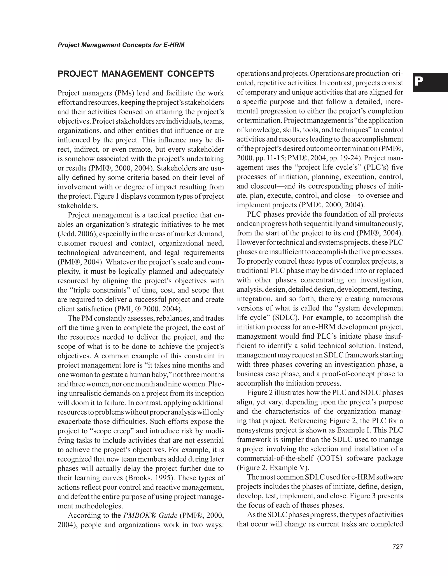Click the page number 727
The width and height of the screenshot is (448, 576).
[x=398, y=547]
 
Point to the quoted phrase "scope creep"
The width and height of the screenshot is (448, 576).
[x=113, y=431]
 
